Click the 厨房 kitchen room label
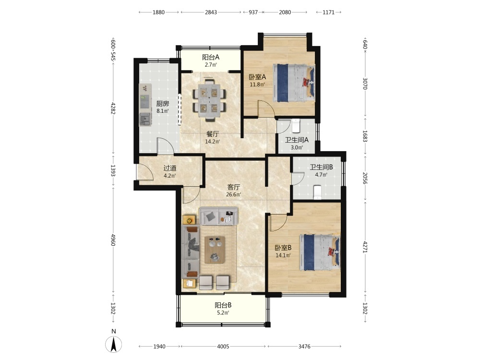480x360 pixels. [x=163, y=104]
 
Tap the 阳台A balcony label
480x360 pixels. [x=211, y=57]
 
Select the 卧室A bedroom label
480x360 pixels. [x=257, y=77]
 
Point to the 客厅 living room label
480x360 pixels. [x=234, y=187]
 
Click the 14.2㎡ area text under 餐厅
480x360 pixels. [x=213, y=142]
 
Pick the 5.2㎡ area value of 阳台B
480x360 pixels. [x=223, y=313]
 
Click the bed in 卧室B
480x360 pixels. [x=320, y=252]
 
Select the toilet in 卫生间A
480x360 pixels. [x=296, y=125]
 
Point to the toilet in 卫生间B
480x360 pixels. [x=317, y=192]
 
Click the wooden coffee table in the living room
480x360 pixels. [x=215, y=250]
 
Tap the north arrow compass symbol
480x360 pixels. [x=114, y=344]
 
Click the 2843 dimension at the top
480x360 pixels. [x=211, y=12]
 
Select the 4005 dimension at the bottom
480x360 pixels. [x=223, y=346]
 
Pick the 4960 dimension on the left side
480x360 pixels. [x=113, y=240]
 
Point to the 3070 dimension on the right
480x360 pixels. [x=365, y=83]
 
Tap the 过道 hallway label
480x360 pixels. [x=170, y=168]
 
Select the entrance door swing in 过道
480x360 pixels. [x=144, y=172]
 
